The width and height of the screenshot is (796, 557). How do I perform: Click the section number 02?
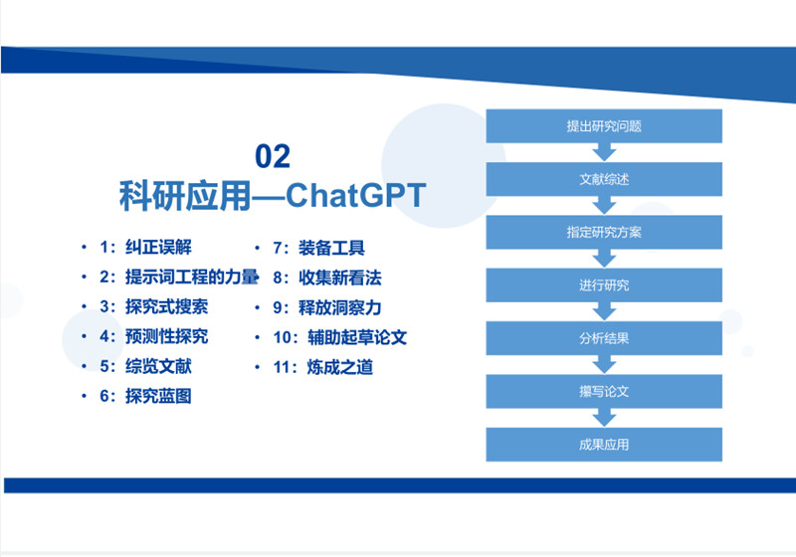pyautogui.click(x=273, y=156)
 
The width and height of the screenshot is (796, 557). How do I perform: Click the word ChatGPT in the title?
pyautogui.click(x=356, y=195)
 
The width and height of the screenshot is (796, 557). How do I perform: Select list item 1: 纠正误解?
pyautogui.click(x=145, y=248)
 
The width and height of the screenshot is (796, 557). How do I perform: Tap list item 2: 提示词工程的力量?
pyautogui.click(x=179, y=277)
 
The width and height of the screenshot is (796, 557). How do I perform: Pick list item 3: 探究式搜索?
pyautogui.click(x=154, y=306)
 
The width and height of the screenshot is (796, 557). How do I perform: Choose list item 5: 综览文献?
pyautogui.click(x=145, y=366)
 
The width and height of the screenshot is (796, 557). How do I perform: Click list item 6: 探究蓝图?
pyautogui.click(x=145, y=396)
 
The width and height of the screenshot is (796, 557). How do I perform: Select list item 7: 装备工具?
pyautogui.click(x=318, y=248)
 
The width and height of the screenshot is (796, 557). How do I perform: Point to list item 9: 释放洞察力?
pyautogui.click(x=327, y=307)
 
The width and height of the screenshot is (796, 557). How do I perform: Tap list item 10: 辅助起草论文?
pyautogui.click(x=339, y=337)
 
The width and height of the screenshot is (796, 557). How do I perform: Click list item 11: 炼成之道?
pyautogui.click(x=322, y=367)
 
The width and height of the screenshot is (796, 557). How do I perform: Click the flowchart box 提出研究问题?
pyautogui.click(x=604, y=125)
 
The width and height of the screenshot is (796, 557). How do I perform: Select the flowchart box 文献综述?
pyautogui.click(x=604, y=179)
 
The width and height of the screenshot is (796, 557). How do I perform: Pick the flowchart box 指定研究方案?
pyautogui.click(x=604, y=233)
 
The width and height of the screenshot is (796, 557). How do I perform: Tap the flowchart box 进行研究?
pyautogui.click(x=604, y=285)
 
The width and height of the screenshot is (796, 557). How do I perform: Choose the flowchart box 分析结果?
pyautogui.click(x=604, y=338)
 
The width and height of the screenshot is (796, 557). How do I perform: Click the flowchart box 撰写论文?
pyautogui.click(x=604, y=391)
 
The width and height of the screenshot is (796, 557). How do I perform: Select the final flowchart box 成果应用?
pyautogui.click(x=604, y=445)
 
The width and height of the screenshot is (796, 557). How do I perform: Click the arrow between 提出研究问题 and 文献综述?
pyautogui.click(x=604, y=152)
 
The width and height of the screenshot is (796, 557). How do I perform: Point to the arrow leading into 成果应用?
pyautogui.click(x=604, y=418)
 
